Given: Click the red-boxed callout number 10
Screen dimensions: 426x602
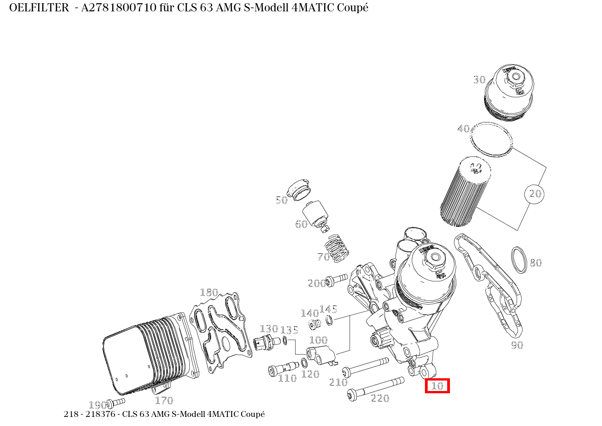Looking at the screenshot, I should (x=437, y=386).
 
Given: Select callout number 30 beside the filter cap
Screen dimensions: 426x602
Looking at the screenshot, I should (x=479, y=80).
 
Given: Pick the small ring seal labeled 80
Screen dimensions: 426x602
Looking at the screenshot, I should (x=519, y=260).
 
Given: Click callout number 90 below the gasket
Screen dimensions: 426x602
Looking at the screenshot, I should (x=517, y=345).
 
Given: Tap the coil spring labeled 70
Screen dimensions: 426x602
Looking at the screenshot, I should (x=338, y=248).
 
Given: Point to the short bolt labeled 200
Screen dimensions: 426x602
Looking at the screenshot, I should (x=336, y=279).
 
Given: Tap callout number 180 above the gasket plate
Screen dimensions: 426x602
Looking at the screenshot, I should (x=209, y=292).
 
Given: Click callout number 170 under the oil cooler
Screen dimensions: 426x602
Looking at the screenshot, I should (x=164, y=400).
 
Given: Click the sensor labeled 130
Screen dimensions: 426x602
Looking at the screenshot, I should (x=265, y=342).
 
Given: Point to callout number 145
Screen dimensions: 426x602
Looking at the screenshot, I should (x=328, y=310).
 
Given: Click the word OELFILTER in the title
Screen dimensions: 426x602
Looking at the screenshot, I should (x=39, y=8).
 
